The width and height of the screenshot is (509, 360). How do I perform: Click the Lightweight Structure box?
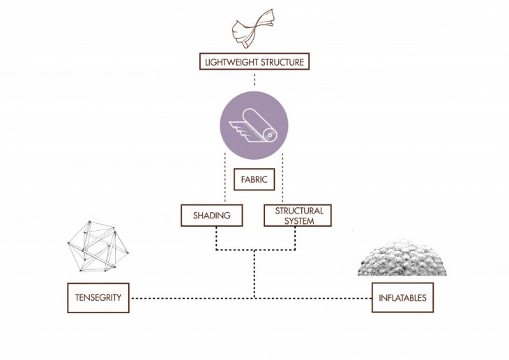click(254, 62)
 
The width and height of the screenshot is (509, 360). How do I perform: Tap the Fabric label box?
click(254, 180)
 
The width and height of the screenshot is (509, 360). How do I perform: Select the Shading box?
click(211, 216)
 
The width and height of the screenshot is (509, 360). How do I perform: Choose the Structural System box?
click(298, 216)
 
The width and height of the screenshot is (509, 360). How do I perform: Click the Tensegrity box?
click(98, 298)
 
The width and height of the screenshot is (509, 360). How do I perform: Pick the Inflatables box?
click(403, 298)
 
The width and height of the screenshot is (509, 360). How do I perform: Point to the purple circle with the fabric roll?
click(254, 128)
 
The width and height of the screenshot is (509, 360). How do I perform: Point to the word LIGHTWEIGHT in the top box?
click(229, 62)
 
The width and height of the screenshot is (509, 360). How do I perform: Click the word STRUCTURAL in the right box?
click(298, 211)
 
